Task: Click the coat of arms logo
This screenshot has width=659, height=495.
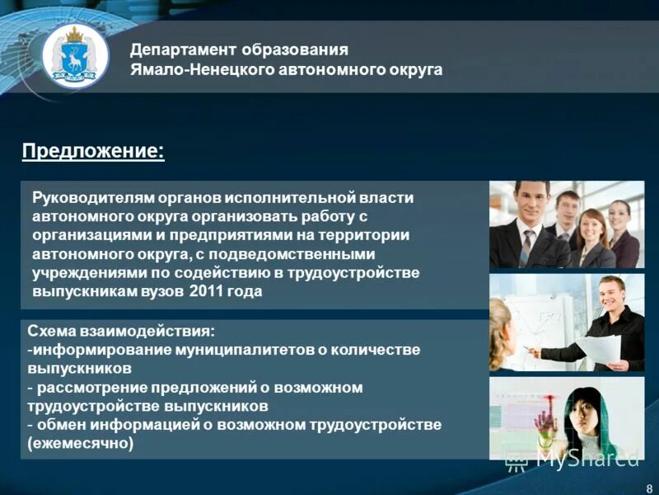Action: pyautogui.click(x=75, y=57)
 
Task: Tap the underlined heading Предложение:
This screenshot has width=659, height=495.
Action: pyautogui.click(x=92, y=151)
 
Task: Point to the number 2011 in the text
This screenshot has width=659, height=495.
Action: pyautogui.click(x=206, y=290)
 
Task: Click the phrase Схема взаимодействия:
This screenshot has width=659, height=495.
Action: pyautogui.click(x=120, y=331)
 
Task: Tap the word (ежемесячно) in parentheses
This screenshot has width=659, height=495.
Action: pyautogui.click(x=80, y=443)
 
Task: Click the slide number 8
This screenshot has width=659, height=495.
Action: pyautogui.click(x=649, y=486)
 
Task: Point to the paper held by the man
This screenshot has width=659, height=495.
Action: pyautogui.click(x=599, y=347)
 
